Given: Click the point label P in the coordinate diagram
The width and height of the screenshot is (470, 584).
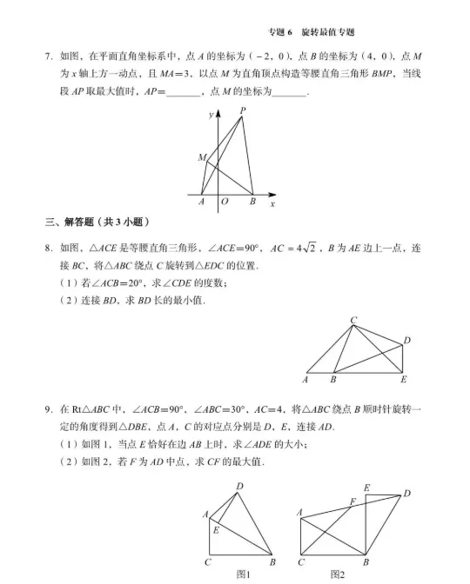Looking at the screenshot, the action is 242,110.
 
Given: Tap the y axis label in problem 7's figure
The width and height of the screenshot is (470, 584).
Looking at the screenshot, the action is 210,114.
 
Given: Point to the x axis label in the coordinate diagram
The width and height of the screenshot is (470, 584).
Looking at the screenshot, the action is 272,203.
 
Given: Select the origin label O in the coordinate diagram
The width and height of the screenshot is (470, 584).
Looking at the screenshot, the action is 224,202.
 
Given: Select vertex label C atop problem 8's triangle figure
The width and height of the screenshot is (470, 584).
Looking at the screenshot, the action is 353,321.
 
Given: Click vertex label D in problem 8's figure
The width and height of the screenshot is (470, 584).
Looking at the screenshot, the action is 406,340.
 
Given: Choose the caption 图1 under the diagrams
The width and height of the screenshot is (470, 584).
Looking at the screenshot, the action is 244,574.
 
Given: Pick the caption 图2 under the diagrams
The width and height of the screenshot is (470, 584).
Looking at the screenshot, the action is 338,574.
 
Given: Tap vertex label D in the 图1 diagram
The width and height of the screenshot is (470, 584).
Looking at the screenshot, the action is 240,486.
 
